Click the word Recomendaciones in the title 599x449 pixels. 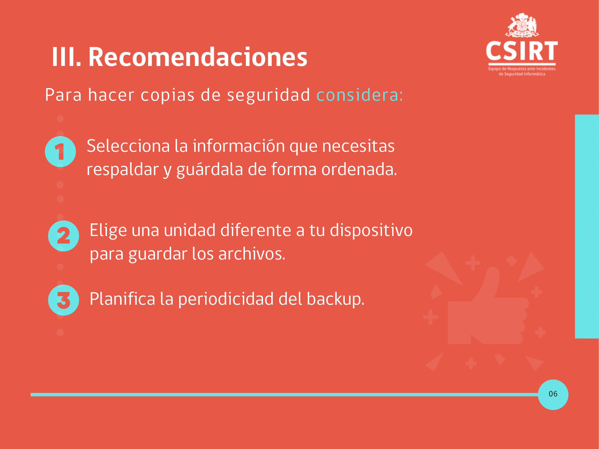pos(198,57)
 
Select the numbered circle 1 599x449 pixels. pos(60,152)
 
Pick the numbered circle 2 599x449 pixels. pos(63,236)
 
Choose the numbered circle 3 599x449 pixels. pos(63,300)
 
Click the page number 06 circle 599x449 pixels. pos(553,395)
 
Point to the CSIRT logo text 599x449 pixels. pos(522,51)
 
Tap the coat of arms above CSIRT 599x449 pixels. pos(522,25)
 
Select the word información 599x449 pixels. pos(239,146)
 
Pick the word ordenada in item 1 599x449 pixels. pos(359,169)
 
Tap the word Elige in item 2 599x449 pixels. pos(108,231)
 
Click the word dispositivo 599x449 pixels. pos(371,230)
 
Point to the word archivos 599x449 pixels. pos(252,254)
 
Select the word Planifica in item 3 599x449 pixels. pos(122,299)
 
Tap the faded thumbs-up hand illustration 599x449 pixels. pos(488,309)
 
